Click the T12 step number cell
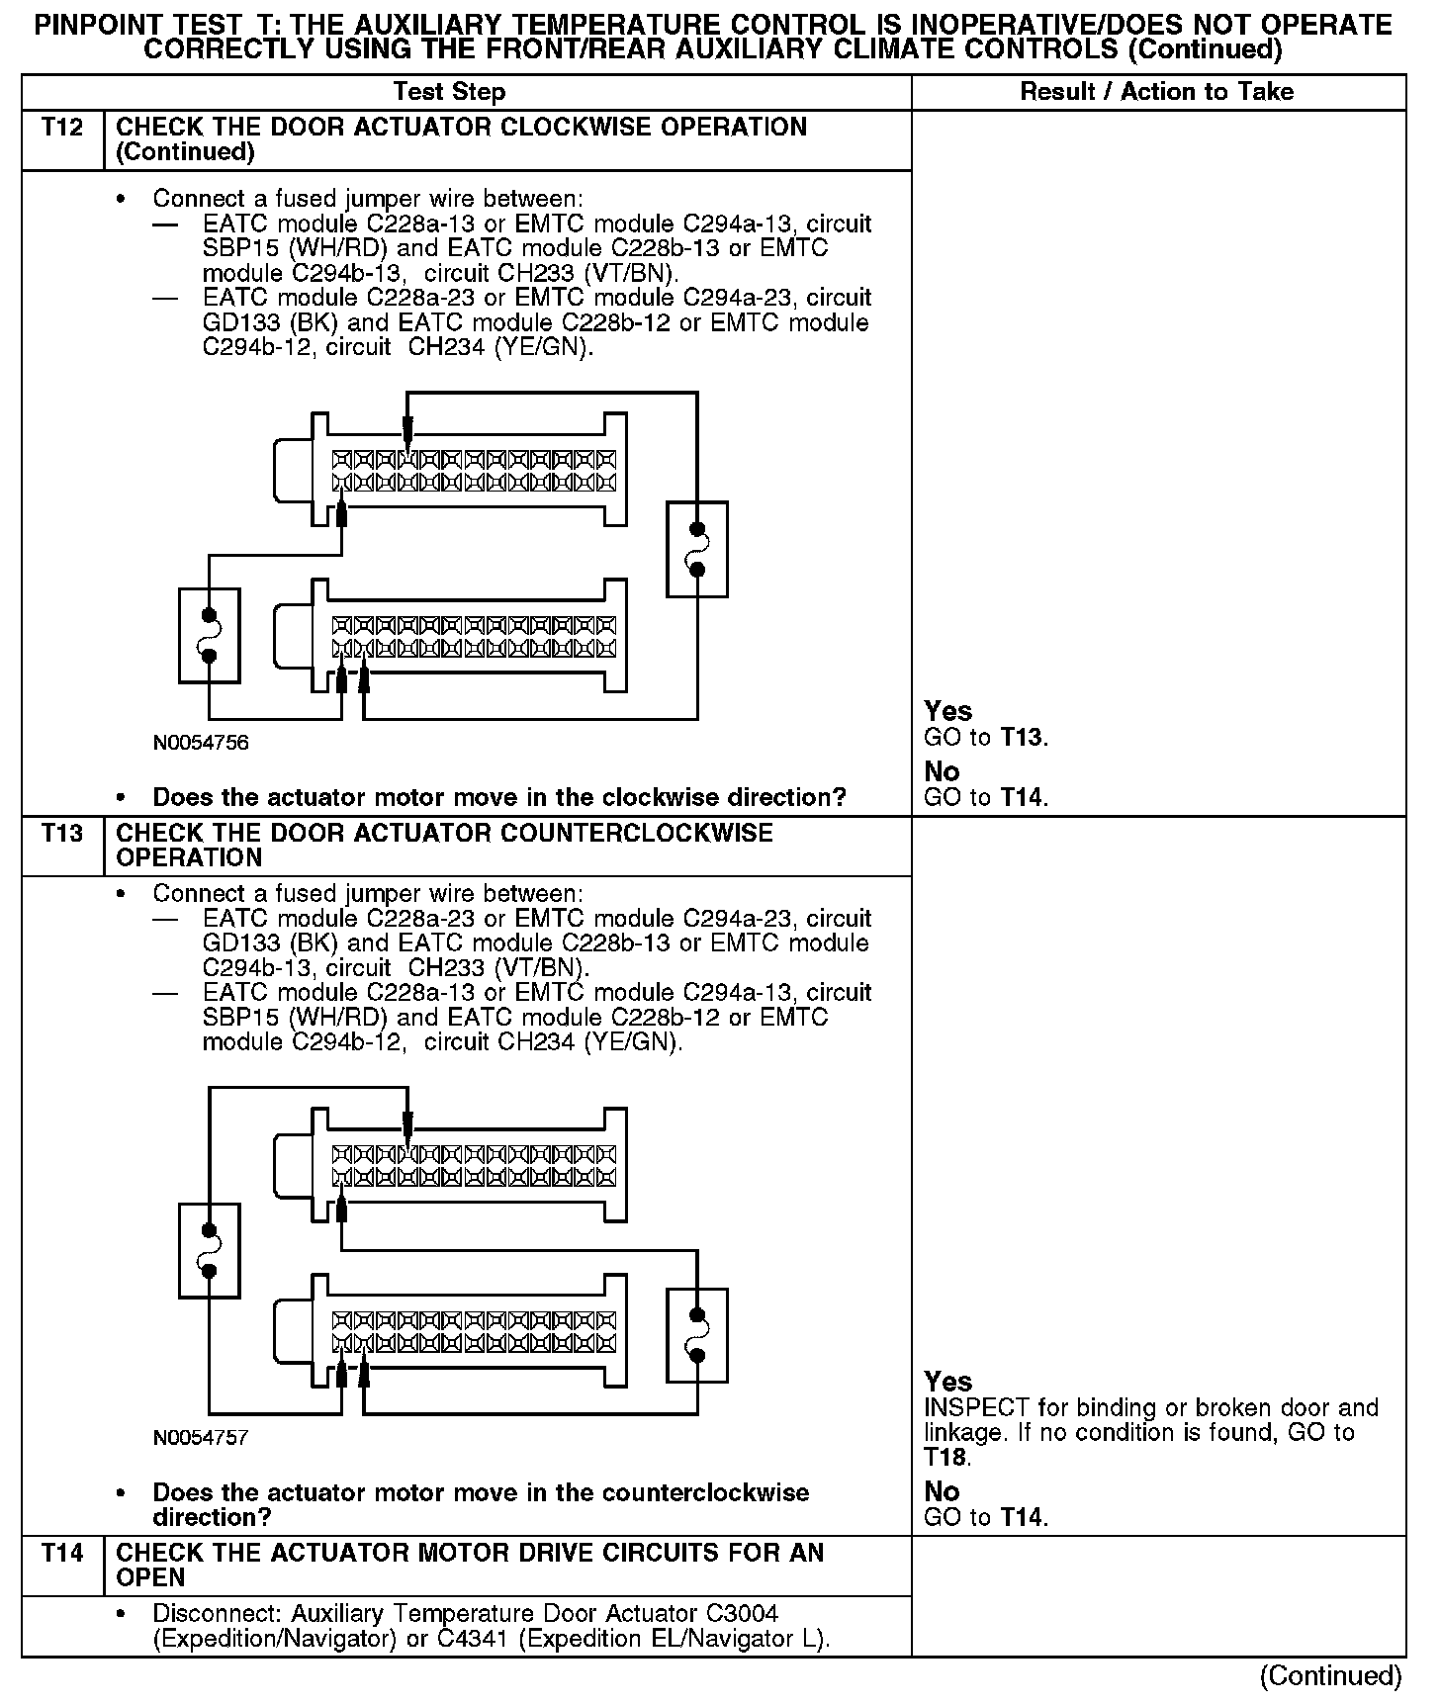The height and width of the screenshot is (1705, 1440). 62,128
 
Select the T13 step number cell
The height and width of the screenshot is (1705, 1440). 62,834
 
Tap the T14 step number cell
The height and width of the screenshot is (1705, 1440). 62,1554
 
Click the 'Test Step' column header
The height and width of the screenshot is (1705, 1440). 449,92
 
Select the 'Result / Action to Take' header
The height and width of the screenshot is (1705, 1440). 1156,92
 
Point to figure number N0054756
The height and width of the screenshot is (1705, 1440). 201,743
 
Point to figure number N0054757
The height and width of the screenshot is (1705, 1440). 201,1438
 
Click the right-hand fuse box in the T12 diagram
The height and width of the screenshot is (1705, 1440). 697,549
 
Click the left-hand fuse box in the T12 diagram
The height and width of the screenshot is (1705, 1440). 209,635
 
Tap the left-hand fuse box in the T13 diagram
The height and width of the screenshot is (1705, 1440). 209,1250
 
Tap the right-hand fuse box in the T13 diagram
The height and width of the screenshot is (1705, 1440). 697,1335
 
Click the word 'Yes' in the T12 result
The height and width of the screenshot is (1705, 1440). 947,711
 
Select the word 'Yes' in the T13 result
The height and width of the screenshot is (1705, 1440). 947,1382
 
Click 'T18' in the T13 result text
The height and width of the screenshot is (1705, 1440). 945,1458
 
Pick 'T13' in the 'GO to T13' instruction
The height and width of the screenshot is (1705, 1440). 1022,738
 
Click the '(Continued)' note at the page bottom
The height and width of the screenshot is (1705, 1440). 1329,1675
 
